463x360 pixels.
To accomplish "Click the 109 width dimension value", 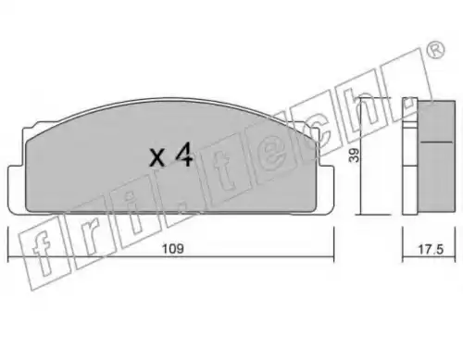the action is (173, 249).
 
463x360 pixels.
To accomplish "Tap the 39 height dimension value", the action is (356, 155).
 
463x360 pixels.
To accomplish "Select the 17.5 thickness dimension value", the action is (431, 249).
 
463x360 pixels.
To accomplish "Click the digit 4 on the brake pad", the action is (184, 155).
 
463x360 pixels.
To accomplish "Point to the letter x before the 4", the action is (157, 157).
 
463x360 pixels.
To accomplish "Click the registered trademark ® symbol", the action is (436, 50).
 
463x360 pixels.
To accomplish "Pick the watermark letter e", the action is (274, 155).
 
